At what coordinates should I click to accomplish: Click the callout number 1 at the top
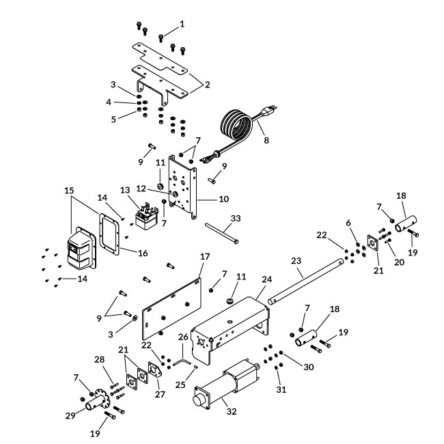pos(182,24)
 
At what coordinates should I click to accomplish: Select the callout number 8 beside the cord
pos(266,140)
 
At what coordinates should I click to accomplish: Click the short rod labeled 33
pos(221,234)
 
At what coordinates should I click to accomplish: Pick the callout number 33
pos(236,219)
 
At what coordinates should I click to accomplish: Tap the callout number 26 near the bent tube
pos(182,337)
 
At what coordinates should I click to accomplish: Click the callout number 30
pos(309,367)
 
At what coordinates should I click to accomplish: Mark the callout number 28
pos(99,359)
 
